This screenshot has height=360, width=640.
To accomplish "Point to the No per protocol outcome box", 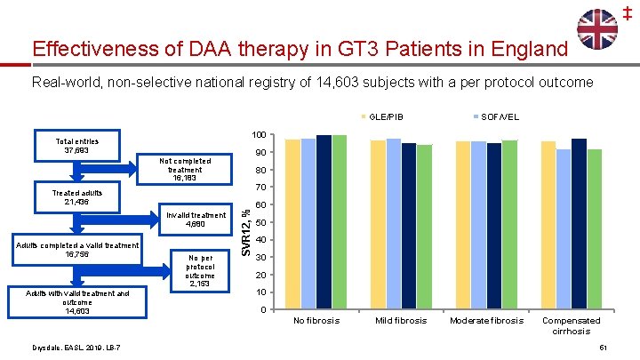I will tap(200, 270).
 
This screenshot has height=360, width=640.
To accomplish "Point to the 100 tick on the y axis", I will tap(257, 135).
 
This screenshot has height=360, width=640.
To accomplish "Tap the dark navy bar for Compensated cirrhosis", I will tap(579, 224).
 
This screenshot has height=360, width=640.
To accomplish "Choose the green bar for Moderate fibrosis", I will tap(509, 225).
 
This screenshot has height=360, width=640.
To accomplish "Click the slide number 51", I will tap(604, 347).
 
